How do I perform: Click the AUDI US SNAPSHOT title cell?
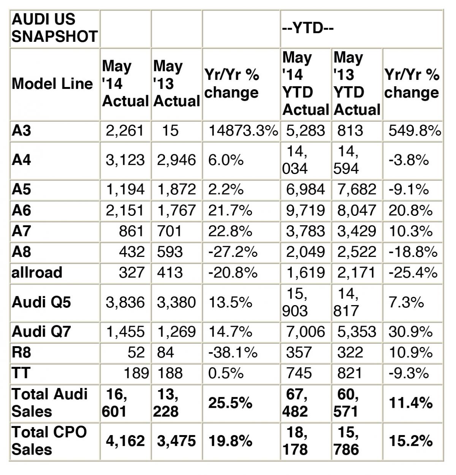click(55, 28)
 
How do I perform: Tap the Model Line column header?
click(52, 84)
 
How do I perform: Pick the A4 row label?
click(22, 160)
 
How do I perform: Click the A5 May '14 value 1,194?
click(125, 189)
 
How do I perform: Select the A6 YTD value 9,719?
click(305, 210)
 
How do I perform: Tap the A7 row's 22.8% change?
click(230, 231)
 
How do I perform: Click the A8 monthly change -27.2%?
click(233, 252)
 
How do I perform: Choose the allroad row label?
click(37, 272)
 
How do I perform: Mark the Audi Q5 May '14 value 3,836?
click(125, 302)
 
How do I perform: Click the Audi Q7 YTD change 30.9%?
click(410, 332)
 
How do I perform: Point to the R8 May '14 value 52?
click(136, 353)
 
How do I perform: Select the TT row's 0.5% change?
click(226, 373)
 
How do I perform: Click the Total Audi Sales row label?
click(49, 402)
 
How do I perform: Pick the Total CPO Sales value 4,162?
click(125, 441)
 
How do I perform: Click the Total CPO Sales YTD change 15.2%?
click(411, 441)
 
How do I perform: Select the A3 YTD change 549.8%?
click(415, 131)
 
